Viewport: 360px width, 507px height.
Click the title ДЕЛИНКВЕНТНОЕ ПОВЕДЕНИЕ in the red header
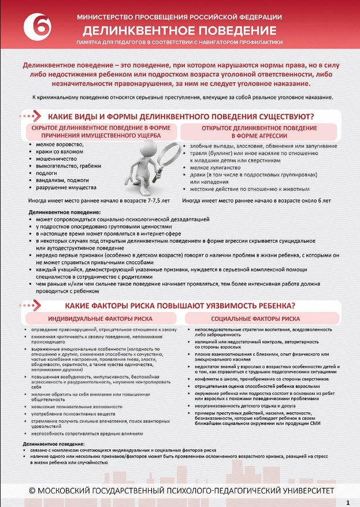(x=180, y=29)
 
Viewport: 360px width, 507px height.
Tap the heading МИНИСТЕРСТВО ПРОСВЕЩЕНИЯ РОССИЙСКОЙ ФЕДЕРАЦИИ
(x=180, y=17)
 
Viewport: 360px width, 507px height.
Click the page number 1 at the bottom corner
(x=347, y=501)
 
